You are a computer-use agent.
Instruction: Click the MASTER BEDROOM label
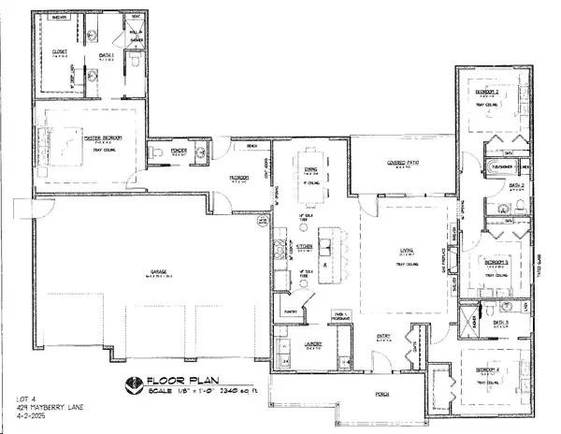pyautogui.click(x=104, y=138)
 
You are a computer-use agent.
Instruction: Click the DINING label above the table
pyautogui.click(x=309, y=168)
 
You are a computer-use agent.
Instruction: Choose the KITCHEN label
pyautogui.click(x=305, y=245)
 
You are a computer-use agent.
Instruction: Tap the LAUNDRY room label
pyautogui.click(x=314, y=344)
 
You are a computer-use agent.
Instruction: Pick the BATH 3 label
pyautogui.click(x=500, y=322)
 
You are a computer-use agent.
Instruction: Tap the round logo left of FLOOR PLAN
pyautogui.click(x=133, y=383)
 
